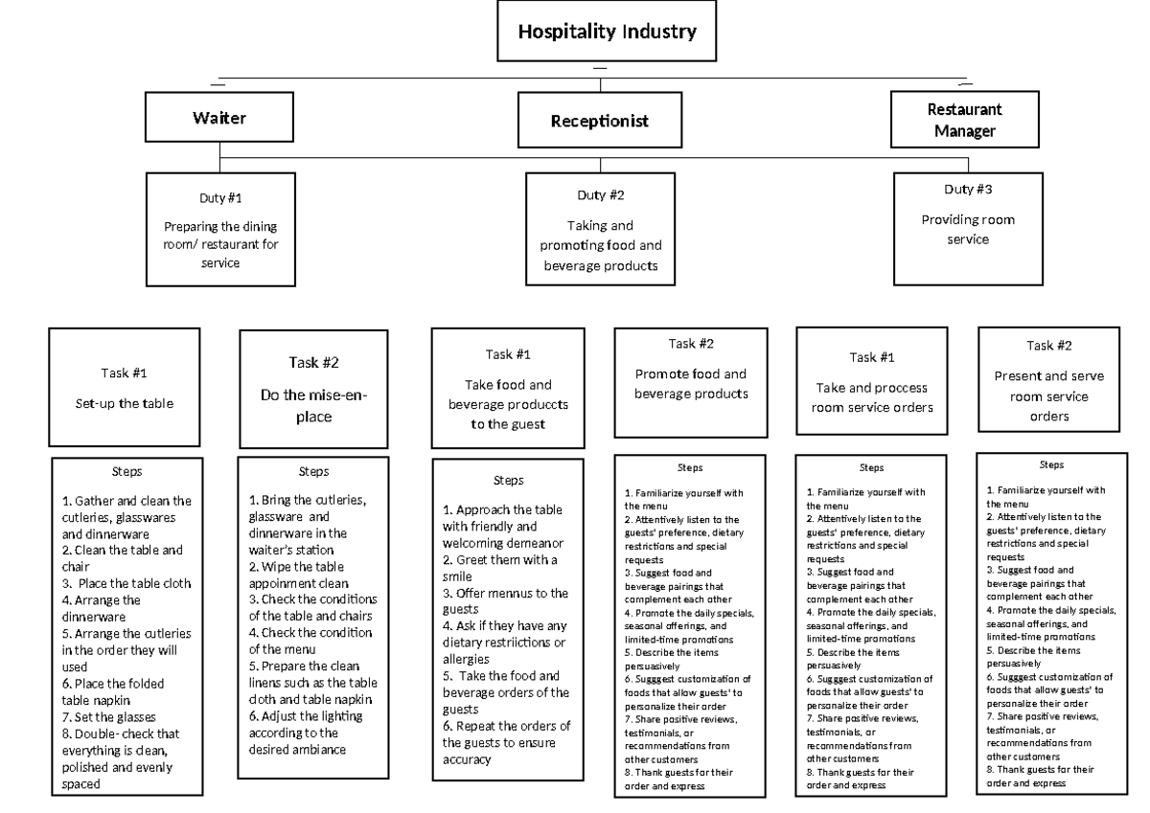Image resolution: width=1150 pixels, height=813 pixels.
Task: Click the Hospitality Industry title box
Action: (x=607, y=31)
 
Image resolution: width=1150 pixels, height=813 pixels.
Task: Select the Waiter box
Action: (x=219, y=118)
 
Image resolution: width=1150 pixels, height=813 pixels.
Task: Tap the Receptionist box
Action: (x=600, y=121)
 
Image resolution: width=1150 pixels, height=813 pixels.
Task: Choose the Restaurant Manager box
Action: (x=965, y=120)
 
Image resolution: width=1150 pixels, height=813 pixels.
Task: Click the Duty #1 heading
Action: (x=220, y=198)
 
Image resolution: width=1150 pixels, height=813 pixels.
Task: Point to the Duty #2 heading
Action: (x=600, y=195)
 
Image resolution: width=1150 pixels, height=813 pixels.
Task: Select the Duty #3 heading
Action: (x=968, y=190)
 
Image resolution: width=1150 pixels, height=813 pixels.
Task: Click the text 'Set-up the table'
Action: (x=125, y=404)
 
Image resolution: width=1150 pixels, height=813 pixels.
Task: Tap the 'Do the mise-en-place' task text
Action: (x=313, y=406)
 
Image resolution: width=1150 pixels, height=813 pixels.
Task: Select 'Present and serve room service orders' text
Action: (x=1048, y=396)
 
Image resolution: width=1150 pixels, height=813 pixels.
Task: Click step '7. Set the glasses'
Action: (x=108, y=717)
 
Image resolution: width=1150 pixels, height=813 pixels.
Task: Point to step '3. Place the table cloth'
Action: (x=126, y=584)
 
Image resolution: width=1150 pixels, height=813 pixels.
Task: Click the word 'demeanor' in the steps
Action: (x=533, y=543)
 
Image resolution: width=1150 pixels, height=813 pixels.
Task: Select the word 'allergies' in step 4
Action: (x=466, y=660)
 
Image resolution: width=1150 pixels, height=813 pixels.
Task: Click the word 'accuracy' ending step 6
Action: (x=467, y=759)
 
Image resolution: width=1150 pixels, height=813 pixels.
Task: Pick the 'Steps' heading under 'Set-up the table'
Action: (x=126, y=471)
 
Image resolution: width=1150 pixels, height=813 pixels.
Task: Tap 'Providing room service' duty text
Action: (x=968, y=230)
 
